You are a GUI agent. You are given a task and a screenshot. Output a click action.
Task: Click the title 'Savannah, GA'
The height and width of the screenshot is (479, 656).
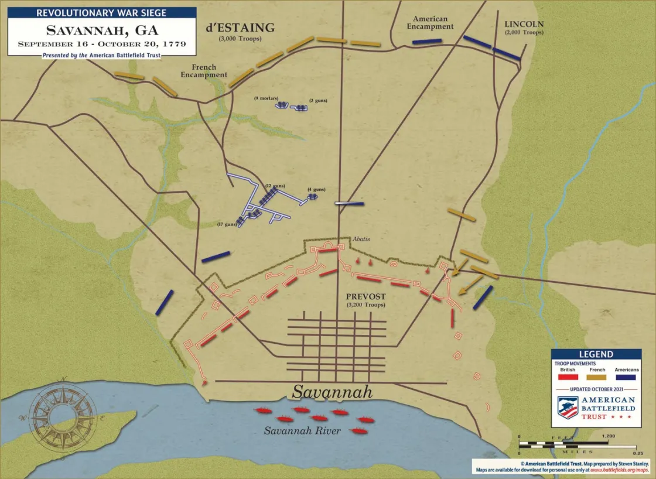tap(101, 30)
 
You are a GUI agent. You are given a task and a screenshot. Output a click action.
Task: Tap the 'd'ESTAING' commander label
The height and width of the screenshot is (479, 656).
tap(240, 28)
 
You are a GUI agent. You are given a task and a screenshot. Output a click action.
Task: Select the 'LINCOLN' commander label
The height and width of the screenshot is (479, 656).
tap(524, 25)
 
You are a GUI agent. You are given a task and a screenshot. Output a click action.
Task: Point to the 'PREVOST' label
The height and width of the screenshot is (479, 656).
tap(361, 297)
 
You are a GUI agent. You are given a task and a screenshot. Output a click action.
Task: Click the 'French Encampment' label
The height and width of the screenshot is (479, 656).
tap(204, 71)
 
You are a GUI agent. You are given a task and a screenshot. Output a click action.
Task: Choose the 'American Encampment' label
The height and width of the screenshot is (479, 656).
tap(430, 23)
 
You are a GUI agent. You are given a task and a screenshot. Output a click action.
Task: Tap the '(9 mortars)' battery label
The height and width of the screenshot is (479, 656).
tap(266, 98)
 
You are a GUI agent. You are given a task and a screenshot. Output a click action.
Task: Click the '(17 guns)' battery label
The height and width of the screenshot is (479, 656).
tap(227, 224)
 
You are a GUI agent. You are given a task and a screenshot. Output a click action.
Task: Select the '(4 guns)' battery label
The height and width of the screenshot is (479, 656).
tap(316, 189)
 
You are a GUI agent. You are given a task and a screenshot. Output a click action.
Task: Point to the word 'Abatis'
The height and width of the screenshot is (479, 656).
tap(361, 239)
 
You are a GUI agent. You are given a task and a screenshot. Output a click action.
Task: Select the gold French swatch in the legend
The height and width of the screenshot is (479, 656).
tap(597, 378)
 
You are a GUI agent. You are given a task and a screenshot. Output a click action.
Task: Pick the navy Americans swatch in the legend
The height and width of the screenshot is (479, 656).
tap(626, 378)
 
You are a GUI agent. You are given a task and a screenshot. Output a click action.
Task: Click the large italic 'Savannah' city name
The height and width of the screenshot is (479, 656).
tap(332, 392)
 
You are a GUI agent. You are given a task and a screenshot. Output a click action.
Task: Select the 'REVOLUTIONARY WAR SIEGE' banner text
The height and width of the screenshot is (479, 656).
tap(101, 12)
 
